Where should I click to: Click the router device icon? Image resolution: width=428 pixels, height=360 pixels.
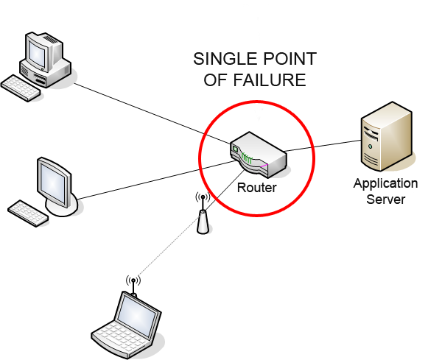point(257,155)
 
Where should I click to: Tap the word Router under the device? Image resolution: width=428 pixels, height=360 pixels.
point(256,188)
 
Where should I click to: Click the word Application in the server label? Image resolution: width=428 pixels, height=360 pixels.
point(385,184)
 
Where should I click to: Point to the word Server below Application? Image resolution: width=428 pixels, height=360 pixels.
point(385,199)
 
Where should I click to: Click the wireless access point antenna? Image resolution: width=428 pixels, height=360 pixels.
point(203,216)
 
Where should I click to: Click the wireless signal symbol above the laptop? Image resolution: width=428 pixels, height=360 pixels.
point(133,281)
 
